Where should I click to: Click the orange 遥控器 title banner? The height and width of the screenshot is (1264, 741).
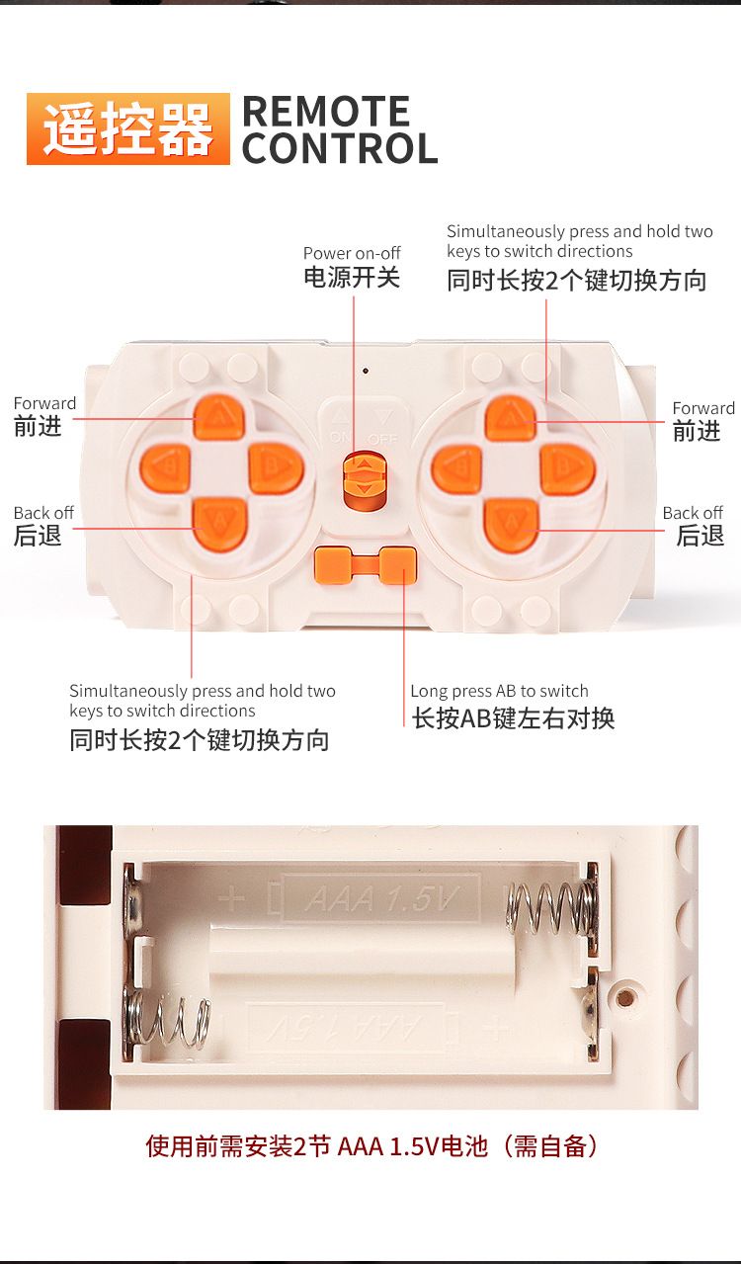[128, 128]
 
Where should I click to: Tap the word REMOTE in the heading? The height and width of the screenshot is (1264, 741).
[326, 111]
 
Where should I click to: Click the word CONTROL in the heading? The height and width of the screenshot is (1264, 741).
[340, 148]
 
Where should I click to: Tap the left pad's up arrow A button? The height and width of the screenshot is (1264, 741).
[218, 418]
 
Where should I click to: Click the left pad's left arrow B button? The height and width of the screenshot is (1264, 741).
[165, 468]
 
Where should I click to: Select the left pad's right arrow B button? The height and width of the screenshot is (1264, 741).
[276, 468]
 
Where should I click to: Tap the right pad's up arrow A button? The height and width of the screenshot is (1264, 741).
[511, 418]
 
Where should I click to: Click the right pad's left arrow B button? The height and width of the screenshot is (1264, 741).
[456, 468]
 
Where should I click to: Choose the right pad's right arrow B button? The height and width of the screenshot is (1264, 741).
[567, 468]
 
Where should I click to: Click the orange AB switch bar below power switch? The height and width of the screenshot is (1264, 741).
[366, 565]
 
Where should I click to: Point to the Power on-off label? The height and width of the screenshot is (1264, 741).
[352, 253]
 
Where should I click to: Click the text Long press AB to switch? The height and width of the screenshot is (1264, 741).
[499, 691]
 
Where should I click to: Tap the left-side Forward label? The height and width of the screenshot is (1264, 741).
[44, 403]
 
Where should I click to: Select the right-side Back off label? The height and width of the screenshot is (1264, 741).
[693, 513]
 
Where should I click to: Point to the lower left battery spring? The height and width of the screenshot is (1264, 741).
[168, 1020]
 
